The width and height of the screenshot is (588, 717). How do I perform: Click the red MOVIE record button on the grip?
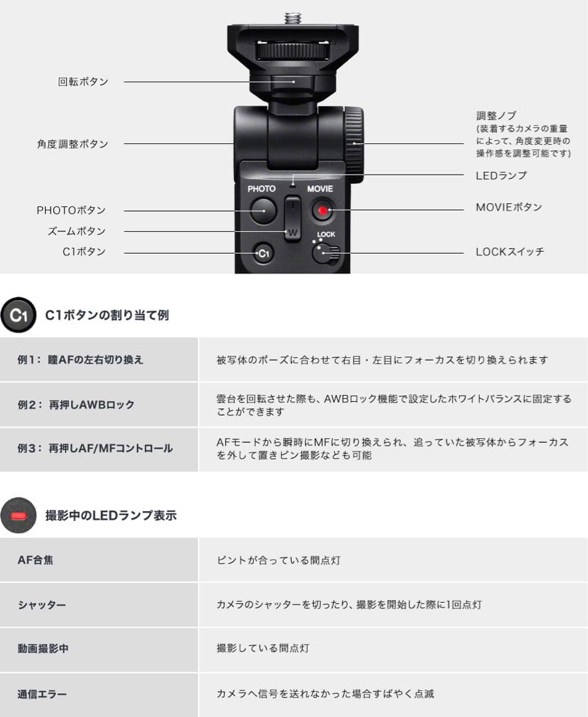[322, 210]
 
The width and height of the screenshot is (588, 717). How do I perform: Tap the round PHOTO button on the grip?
[263, 210]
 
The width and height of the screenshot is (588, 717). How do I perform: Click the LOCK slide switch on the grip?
[325, 252]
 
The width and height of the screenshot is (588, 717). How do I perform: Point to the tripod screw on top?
[292, 17]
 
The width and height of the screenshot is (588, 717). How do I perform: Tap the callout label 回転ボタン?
[82, 82]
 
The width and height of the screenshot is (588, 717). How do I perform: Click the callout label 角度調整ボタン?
[72, 143]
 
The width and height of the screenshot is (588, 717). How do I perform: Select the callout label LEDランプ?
[501, 175]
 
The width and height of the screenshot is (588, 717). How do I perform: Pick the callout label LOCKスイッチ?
[510, 252]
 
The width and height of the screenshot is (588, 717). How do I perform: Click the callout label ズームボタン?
[76, 231]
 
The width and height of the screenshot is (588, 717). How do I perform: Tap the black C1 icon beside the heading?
[19, 315]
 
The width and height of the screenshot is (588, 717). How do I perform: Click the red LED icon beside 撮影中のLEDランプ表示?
[19, 515]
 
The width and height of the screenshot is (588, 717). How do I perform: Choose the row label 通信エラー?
[43, 694]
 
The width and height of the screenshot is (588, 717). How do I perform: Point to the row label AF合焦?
[35, 560]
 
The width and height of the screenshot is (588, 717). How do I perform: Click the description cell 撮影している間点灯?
[263, 648]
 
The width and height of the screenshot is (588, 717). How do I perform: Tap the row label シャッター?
[42, 605]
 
